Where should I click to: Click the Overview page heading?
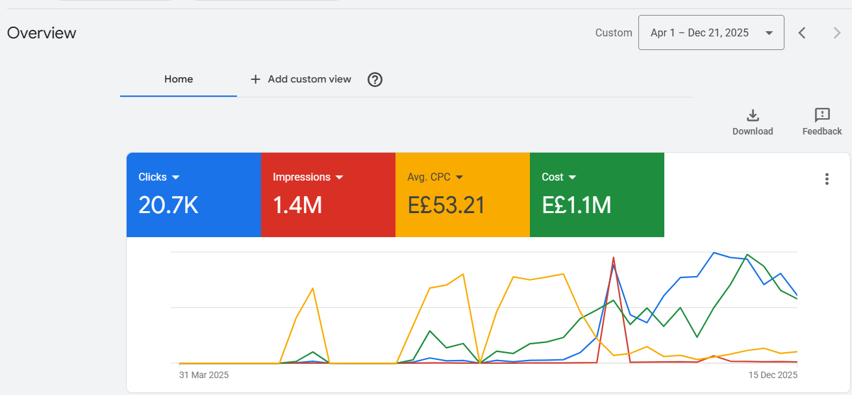(x=42, y=33)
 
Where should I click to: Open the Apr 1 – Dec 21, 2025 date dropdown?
(x=711, y=32)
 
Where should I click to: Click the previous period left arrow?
(x=802, y=33)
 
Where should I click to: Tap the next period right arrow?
(x=837, y=33)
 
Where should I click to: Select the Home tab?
(x=179, y=79)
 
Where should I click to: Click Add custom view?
(x=301, y=79)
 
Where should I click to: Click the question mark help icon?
(x=375, y=79)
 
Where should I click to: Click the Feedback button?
(x=822, y=121)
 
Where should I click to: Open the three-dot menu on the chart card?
(x=827, y=179)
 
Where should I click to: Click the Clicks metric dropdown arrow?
(x=175, y=177)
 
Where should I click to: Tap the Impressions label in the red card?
(x=301, y=177)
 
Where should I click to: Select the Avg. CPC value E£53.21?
(x=446, y=205)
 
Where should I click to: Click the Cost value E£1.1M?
(x=576, y=205)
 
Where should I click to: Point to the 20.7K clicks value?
(x=168, y=205)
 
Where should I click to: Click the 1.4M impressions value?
(x=297, y=205)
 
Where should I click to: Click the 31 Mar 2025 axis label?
(x=204, y=376)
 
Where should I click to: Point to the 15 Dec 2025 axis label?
(x=773, y=376)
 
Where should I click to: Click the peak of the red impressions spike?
(x=614, y=258)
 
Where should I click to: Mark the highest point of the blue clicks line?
(x=714, y=253)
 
